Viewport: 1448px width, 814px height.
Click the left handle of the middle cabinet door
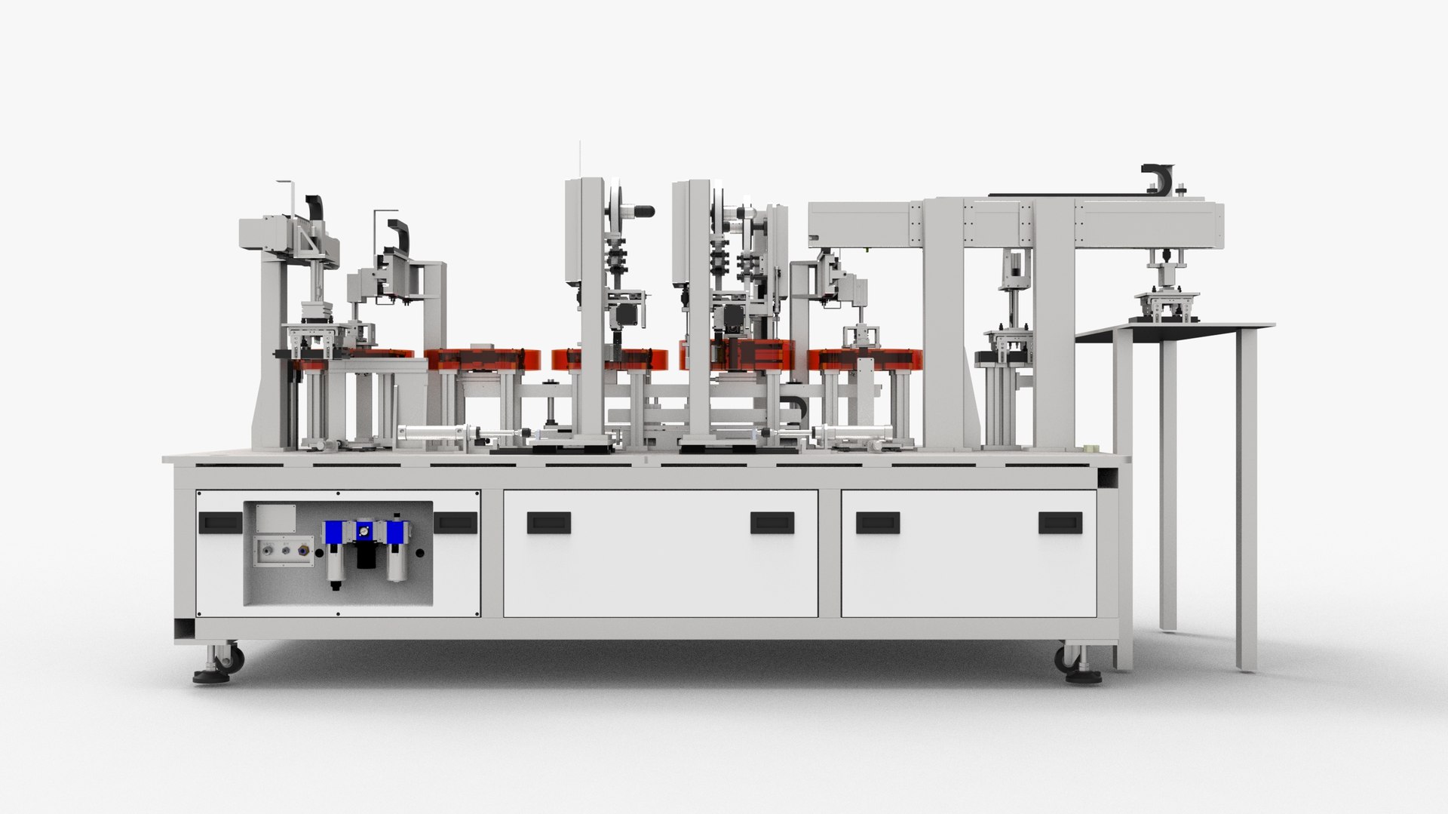[548, 522]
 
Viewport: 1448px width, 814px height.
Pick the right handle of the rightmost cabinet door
[1060, 522]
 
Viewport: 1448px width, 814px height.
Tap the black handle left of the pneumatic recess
[219, 521]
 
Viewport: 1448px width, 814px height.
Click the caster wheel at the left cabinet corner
[229, 659]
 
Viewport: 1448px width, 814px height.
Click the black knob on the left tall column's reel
[643, 210]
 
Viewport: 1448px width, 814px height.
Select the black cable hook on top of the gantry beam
[1158, 180]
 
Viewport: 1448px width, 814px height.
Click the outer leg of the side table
[1246, 498]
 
